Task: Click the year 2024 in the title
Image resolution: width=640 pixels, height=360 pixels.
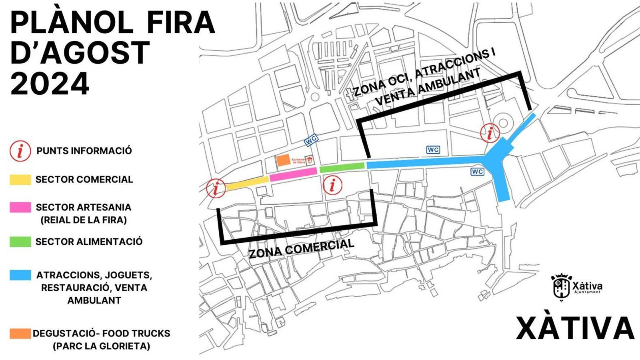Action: click(50, 84)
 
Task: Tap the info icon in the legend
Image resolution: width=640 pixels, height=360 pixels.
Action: click(20, 151)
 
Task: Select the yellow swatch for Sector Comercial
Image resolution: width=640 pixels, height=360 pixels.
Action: click(20, 180)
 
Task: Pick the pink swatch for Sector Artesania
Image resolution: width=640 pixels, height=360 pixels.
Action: click(20, 207)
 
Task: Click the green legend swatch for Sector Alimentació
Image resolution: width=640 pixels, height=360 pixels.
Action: click(20, 242)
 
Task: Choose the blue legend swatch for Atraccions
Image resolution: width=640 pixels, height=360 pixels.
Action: click(20, 275)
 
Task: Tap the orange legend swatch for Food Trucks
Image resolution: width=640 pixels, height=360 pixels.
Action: click(20, 333)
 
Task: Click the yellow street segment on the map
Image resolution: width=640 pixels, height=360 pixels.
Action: click(247, 183)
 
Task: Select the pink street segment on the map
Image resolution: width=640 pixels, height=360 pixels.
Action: click(293, 174)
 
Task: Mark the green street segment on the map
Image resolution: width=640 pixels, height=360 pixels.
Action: click(342, 167)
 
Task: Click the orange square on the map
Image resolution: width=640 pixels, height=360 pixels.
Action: click(283, 160)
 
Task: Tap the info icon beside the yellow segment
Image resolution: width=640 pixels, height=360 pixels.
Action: click(216, 188)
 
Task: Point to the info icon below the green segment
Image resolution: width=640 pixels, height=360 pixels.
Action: click(332, 185)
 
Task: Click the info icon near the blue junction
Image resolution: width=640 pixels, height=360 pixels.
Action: click(490, 133)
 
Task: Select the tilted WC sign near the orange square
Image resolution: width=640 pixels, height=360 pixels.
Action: click(311, 140)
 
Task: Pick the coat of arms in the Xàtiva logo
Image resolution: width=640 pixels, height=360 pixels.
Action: click(561, 286)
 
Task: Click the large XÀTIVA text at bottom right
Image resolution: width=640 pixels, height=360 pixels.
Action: click(575, 328)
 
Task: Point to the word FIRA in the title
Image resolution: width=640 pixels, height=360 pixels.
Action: click(181, 22)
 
